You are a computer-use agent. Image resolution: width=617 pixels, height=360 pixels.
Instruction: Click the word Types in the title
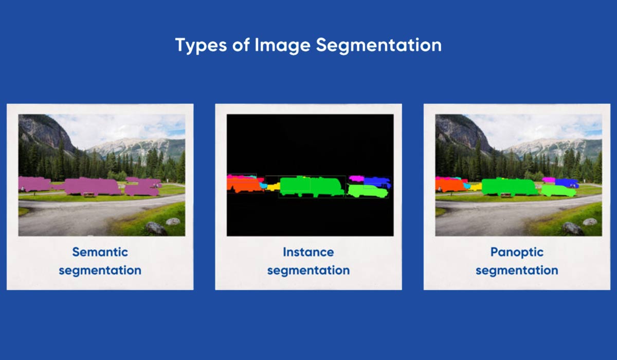tap(201, 45)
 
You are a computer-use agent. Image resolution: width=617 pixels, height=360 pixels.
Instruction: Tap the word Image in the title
tap(282, 45)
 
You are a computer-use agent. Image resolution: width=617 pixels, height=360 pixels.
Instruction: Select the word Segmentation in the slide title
tap(379, 45)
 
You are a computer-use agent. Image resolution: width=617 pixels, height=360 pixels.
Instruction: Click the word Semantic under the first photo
tap(100, 252)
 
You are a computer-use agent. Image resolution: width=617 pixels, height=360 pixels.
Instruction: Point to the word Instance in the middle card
tap(308, 252)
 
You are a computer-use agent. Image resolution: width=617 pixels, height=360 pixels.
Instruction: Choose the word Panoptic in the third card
tap(517, 253)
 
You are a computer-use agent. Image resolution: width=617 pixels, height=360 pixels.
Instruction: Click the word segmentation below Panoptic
tap(517, 271)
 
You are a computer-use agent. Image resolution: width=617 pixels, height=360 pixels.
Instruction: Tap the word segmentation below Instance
tap(308, 271)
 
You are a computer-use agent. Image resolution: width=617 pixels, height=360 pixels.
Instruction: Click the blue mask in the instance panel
tap(378, 182)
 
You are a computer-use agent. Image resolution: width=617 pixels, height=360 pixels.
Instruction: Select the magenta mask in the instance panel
tap(356, 178)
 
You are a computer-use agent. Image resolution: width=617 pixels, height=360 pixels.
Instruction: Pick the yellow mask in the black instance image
tap(273, 187)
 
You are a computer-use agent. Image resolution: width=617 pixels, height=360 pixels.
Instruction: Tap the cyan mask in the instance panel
tap(264, 185)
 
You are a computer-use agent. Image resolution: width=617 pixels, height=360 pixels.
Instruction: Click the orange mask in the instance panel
tap(244, 185)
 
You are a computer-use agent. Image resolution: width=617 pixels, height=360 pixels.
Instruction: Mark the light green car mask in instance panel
tap(368, 191)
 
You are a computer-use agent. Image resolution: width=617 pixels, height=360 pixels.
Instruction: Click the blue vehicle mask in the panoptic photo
tap(566, 183)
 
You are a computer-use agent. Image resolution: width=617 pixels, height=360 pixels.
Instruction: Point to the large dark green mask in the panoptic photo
tap(510, 187)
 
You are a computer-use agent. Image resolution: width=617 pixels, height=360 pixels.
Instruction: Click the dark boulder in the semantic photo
tap(155, 229)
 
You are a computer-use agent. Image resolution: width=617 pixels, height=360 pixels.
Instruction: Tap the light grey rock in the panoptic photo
tap(590, 222)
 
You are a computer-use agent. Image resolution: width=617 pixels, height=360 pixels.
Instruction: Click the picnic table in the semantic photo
tap(90, 195)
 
